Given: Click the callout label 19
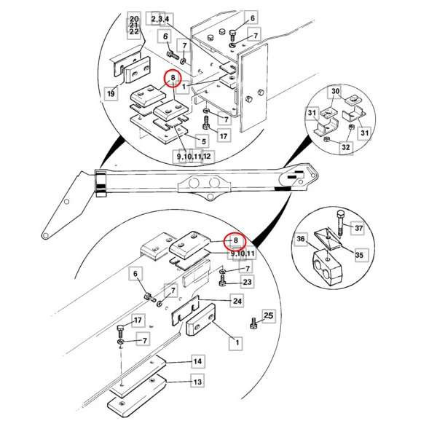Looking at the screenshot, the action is (x=111, y=93).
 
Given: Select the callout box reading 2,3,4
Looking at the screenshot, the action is (x=160, y=19).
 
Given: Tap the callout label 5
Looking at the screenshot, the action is (x=204, y=141).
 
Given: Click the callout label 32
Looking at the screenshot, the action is (x=346, y=147).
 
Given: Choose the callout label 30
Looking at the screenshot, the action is (x=336, y=91).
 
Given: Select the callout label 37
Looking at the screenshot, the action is (x=358, y=228).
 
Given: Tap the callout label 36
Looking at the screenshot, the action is (x=301, y=239).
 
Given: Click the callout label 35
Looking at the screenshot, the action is (x=360, y=255).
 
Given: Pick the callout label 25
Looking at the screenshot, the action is (x=268, y=316).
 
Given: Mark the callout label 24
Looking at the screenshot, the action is (x=237, y=301).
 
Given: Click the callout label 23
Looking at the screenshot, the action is (x=247, y=282).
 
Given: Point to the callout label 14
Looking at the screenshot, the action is (x=197, y=361).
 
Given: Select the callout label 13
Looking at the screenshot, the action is (x=197, y=381).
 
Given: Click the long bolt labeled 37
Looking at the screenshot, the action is (x=340, y=224).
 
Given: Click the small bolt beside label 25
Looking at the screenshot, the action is (x=253, y=323).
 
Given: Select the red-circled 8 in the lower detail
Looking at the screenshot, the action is (x=235, y=240).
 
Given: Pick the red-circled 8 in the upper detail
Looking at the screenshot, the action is (x=173, y=78).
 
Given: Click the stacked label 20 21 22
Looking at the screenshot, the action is (x=134, y=25).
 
